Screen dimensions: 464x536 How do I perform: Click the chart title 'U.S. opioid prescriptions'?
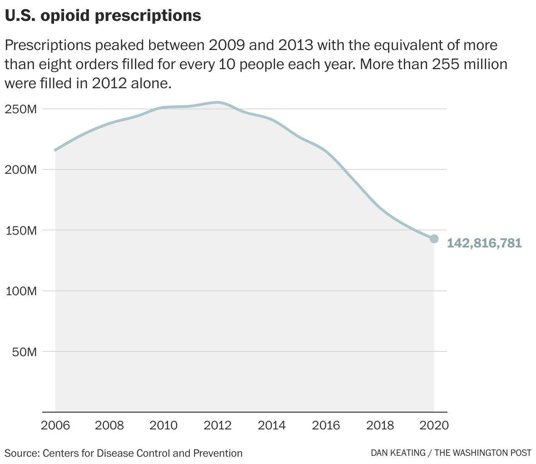(x=103, y=16)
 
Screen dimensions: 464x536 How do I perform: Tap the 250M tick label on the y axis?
(x=21, y=109)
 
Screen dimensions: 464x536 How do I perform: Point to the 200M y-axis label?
(x=21, y=170)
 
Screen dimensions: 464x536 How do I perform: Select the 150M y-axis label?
(x=21, y=230)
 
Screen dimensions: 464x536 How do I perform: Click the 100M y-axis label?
(x=21, y=291)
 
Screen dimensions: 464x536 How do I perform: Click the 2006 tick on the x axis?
(x=55, y=425)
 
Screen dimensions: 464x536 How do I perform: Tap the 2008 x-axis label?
(x=109, y=425)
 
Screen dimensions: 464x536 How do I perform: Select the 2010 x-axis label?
(x=164, y=425)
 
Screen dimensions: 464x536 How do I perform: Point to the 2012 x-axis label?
(x=218, y=425)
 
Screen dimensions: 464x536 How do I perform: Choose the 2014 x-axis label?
(x=272, y=425)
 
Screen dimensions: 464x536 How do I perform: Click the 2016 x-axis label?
(x=326, y=425)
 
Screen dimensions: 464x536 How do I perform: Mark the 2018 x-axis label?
(x=380, y=425)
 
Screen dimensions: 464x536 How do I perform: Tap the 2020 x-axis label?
(x=433, y=425)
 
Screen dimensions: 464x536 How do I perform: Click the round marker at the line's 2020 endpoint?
(x=434, y=239)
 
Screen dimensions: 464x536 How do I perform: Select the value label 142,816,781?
(x=484, y=243)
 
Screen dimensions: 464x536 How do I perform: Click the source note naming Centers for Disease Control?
(x=124, y=453)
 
